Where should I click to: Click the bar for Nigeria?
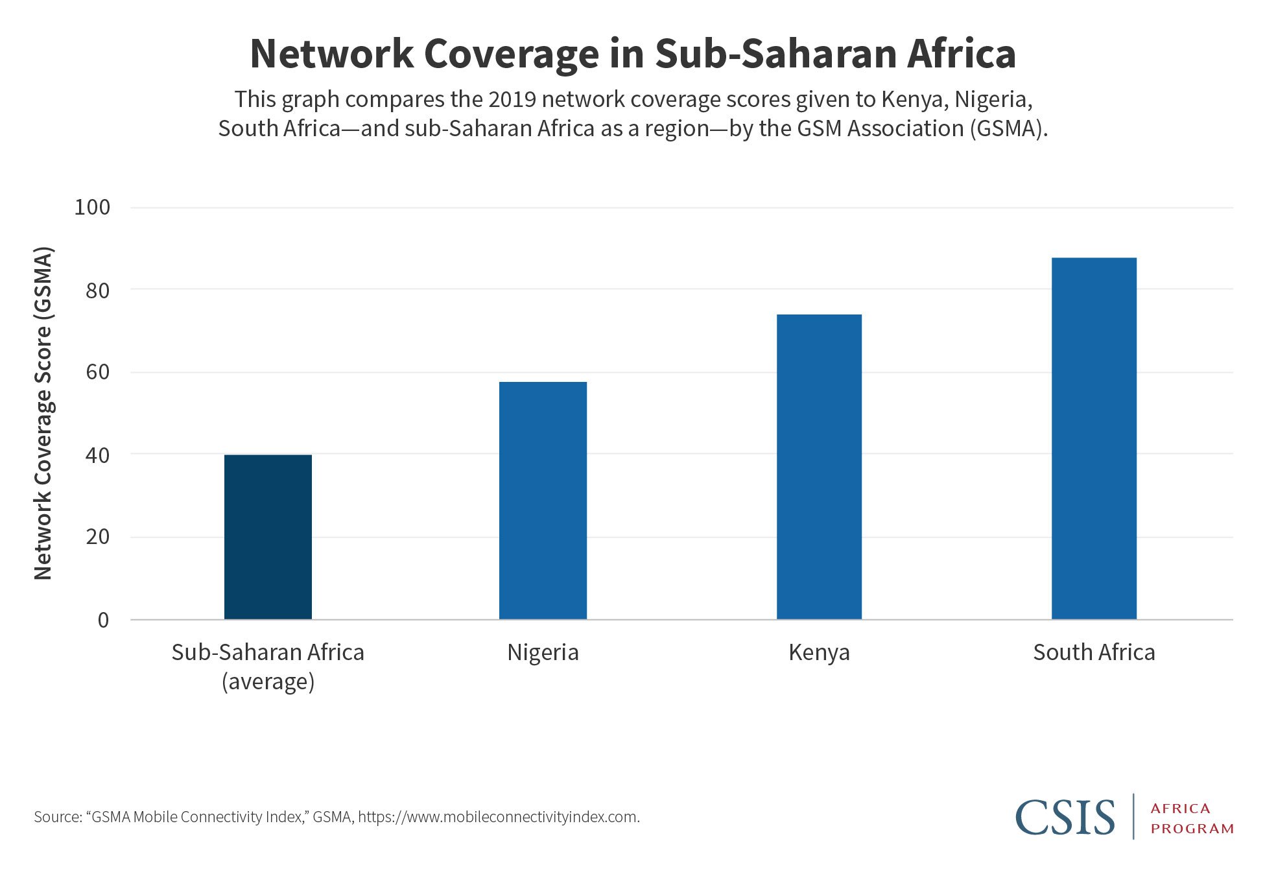[x=543, y=501]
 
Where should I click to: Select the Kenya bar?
[x=819, y=467]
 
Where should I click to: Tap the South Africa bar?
[x=1094, y=438]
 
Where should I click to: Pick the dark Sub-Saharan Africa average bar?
[x=268, y=537]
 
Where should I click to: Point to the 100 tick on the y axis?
[x=92, y=207]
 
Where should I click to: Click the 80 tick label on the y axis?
[x=97, y=290]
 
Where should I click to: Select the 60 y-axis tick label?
[x=97, y=372]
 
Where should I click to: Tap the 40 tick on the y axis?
[x=97, y=455]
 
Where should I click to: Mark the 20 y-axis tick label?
[x=97, y=537]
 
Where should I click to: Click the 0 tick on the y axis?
[x=103, y=621]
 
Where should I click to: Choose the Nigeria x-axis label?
[x=543, y=652]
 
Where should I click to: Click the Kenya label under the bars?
[x=819, y=652]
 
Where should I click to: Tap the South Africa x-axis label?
[x=1094, y=652]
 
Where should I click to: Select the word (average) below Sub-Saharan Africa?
[x=268, y=682]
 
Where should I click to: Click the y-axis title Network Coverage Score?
[x=43, y=414]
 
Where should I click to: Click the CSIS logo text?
[x=1065, y=817]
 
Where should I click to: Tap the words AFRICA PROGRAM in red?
[x=1192, y=818]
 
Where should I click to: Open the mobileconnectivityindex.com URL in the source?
[x=498, y=817]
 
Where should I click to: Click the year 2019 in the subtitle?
[x=513, y=99]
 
